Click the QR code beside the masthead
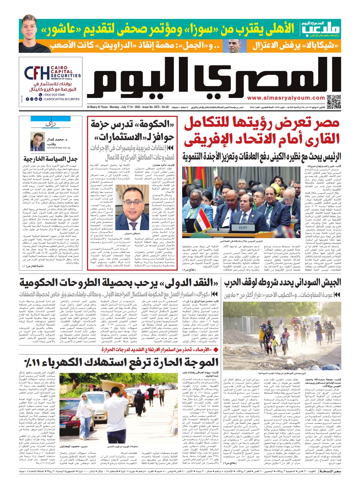click(333, 102)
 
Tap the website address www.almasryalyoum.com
click(286, 98)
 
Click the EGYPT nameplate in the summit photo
click(243, 227)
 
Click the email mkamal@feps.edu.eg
click(58, 147)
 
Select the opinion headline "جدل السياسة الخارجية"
click(50, 159)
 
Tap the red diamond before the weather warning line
click(216, 349)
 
